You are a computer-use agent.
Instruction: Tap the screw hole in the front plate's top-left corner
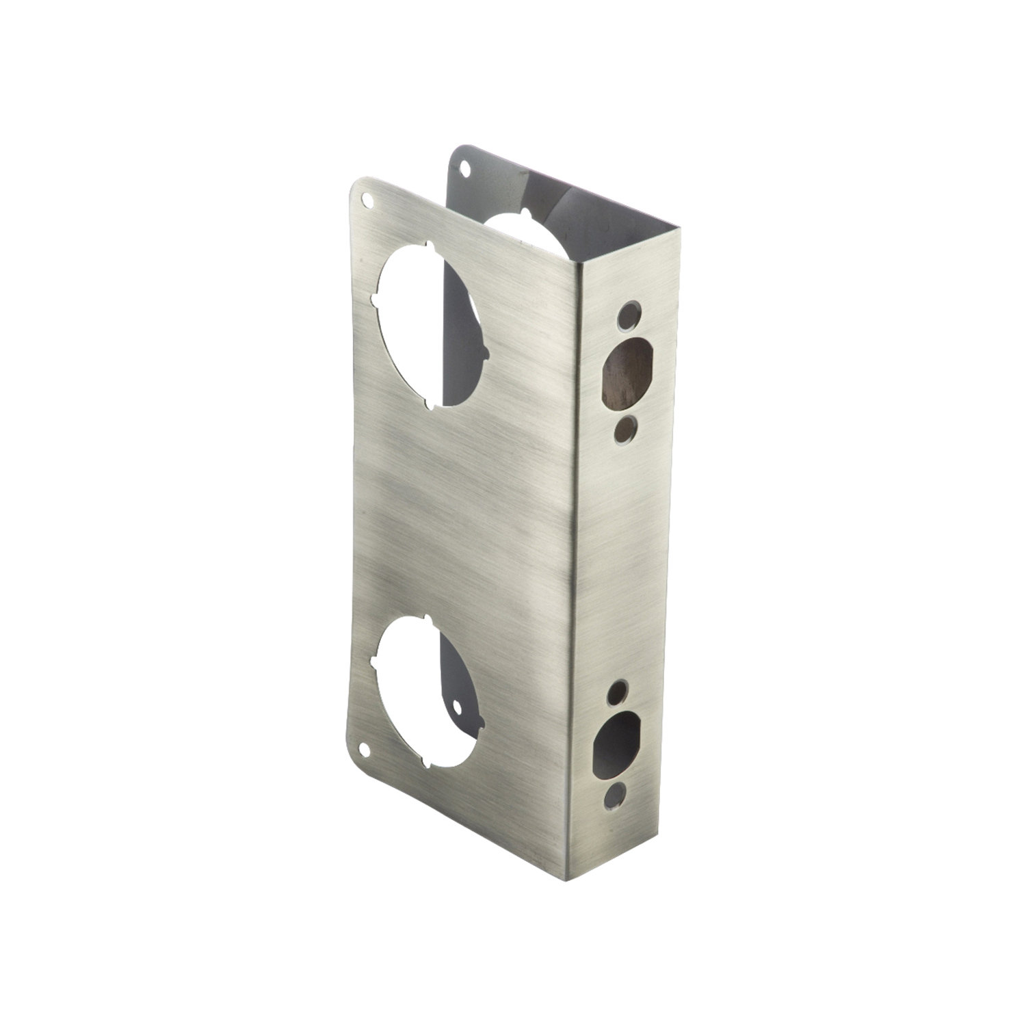[370, 202]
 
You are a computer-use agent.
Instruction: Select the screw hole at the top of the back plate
[466, 166]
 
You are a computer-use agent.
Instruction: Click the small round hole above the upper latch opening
[626, 317]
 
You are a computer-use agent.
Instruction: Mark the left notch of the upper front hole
[376, 299]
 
